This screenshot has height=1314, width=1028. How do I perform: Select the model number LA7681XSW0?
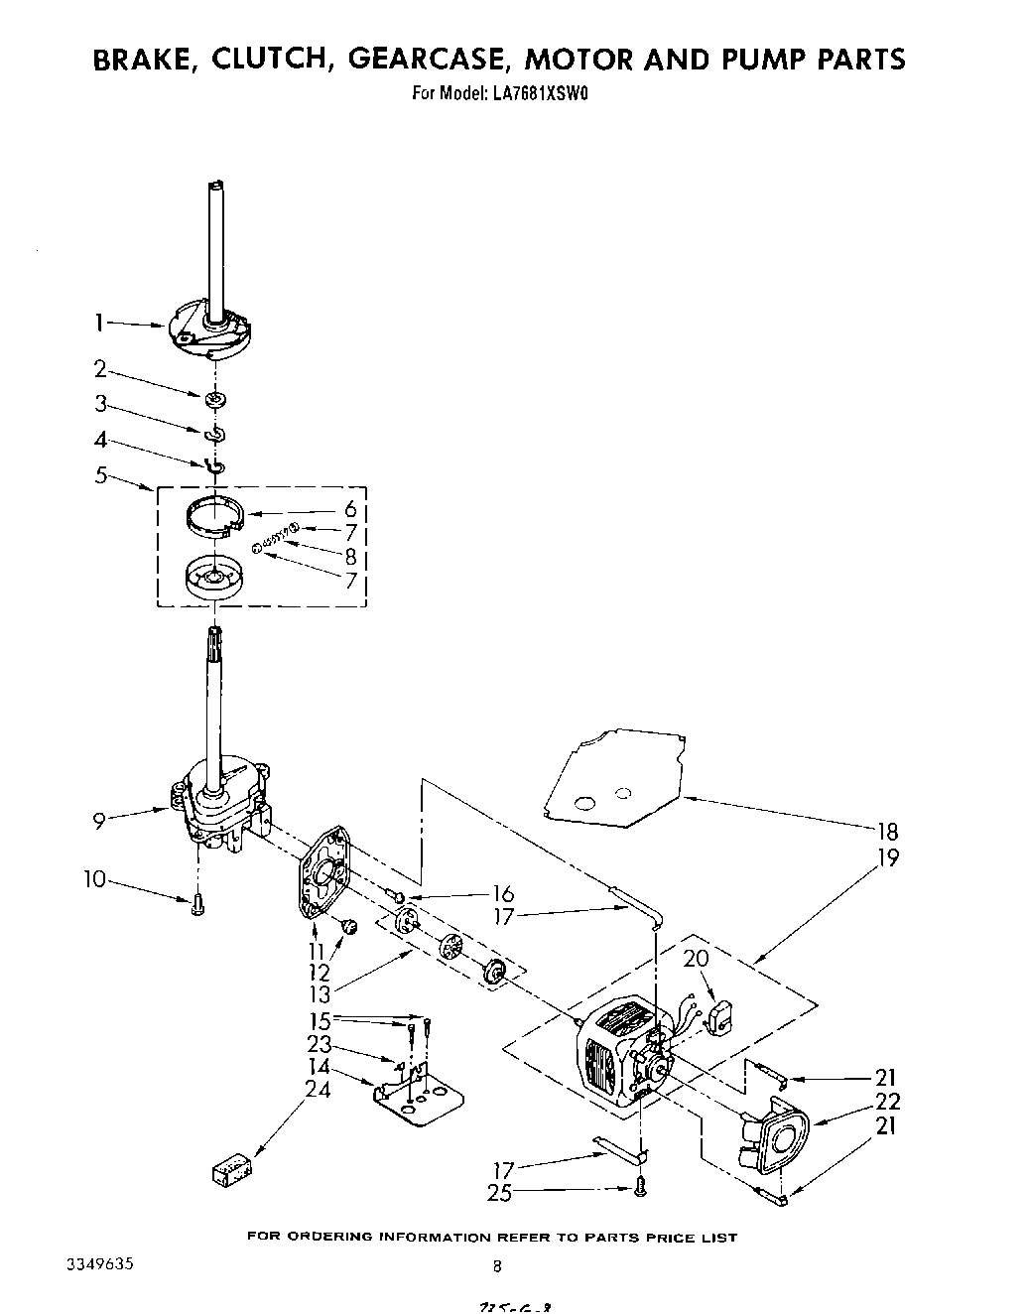pos(534,95)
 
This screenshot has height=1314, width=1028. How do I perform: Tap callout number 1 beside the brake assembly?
pos(99,322)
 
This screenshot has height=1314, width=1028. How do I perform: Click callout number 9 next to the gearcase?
pos(99,819)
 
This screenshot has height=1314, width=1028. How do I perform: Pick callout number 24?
pos(318,1089)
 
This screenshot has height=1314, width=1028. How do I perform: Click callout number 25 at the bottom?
pos(499,1192)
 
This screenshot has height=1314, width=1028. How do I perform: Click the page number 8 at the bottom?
pos(497,1265)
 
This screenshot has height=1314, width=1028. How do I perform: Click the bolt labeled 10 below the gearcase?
pos(196,904)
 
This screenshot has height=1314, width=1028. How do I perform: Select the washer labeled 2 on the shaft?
pos(213,399)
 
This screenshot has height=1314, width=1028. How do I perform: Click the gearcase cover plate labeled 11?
pos(326,872)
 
